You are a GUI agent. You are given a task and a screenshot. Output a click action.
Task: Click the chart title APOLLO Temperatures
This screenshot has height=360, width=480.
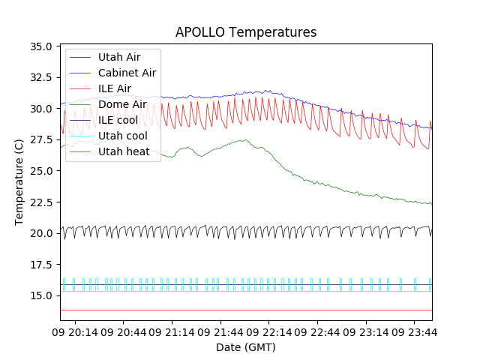(246, 32)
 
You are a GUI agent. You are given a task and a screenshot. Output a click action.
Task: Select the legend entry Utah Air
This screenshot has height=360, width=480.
(118, 57)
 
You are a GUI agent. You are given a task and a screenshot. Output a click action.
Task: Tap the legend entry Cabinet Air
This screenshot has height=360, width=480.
(127, 73)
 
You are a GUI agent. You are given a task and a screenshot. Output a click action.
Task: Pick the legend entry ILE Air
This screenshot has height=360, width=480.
(115, 88)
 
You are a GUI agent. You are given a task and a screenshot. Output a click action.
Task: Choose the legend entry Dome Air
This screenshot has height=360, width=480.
(122, 104)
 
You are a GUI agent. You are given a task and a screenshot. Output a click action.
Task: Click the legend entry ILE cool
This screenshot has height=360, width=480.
(118, 120)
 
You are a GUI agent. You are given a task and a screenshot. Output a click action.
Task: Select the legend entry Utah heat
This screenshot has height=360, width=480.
(124, 151)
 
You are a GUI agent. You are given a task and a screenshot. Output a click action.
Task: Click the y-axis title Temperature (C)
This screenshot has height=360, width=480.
(19, 183)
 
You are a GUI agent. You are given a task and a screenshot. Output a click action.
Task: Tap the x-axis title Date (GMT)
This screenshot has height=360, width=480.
(246, 347)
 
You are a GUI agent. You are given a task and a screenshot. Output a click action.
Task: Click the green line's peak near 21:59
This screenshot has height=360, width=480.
(244, 139)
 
